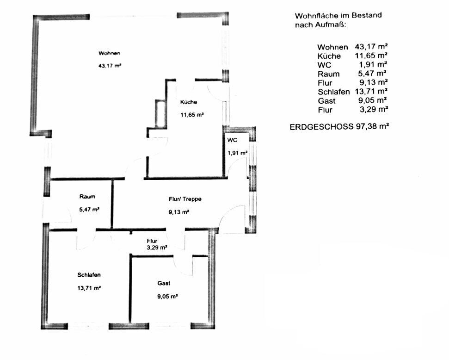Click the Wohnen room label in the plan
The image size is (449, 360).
[109, 53]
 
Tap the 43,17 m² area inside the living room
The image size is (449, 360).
[110, 66]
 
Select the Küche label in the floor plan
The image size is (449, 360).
[188, 102]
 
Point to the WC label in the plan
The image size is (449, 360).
[232, 140]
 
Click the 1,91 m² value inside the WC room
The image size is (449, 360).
[237, 153]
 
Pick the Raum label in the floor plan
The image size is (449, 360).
[87, 197]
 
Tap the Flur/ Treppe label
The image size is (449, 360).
[185, 199]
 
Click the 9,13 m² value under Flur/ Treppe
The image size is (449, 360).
[178, 212]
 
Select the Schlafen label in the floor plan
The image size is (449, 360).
[89, 275]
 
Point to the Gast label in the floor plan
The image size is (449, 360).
[164, 283]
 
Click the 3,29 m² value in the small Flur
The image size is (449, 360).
[157, 248]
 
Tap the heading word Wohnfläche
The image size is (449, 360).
[313, 16]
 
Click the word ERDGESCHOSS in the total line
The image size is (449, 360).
[321, 127]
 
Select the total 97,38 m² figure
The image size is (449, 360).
[372, 126]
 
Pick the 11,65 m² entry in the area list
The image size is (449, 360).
[371, 56]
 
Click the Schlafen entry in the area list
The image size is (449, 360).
[334, 92]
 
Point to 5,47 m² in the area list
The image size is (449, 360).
[372, 74]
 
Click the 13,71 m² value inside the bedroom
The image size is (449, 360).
[89, 288]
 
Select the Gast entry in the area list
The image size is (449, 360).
[327, 101]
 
